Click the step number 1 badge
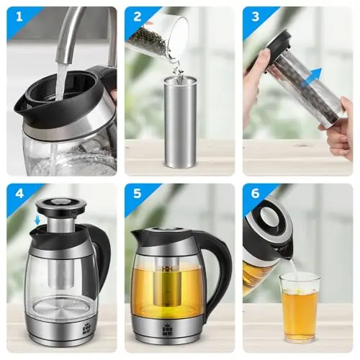tap(19, 17)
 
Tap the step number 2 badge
tap(138, 17)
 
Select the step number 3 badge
tap(256, 17)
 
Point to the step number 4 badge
tap(19, 194)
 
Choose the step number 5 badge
tap(138, 194)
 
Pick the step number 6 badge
tap(256, 194)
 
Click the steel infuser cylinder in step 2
tap(180, 122)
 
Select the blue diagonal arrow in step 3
tap(312, 77)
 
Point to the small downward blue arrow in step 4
tap(37, 220)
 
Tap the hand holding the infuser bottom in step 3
tap(338, 130)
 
